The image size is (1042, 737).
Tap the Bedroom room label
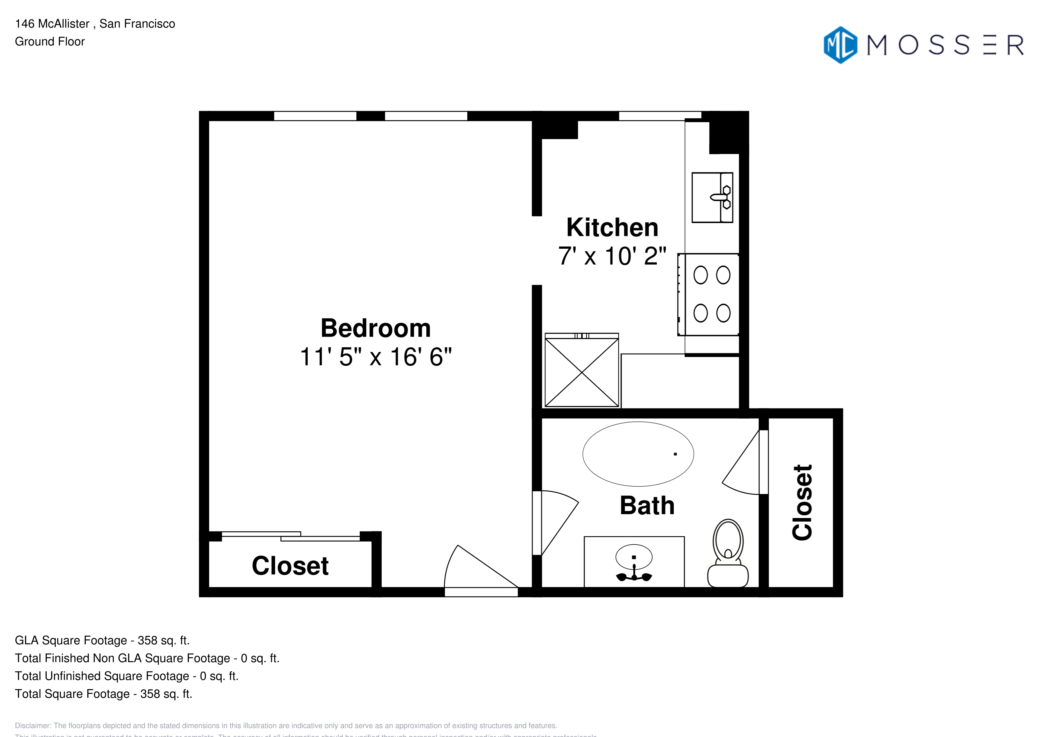click(x=375, y=328)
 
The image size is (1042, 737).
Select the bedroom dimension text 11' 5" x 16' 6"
click(x=375, y=357)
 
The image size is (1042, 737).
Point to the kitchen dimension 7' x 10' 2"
click(x=612, y=256)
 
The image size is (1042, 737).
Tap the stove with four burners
click(x=711, y=294)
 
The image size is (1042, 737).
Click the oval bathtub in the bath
click(x=638, y=454)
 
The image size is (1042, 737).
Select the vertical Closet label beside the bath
click(x=802, y=502)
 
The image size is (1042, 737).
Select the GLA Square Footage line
click(x=102, y=640)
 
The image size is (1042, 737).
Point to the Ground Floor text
click(x=50, y=42)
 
